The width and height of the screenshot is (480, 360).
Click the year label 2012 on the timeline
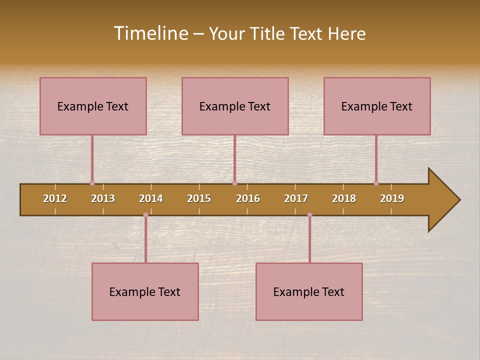coord(55,198)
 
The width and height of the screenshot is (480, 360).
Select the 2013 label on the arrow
coord(103,198)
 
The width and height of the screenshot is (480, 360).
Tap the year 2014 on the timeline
coord(151,198)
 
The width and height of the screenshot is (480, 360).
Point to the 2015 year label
coord(199,198)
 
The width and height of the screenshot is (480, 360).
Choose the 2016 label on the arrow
coord(248,198)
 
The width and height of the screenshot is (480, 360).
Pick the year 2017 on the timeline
coord(296,198)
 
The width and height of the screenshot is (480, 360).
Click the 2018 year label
coord(344,198)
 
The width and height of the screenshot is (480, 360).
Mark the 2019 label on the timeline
coord(392,198)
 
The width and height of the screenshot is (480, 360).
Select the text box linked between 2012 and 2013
coord(93,106)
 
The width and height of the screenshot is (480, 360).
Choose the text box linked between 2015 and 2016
coord(235,106)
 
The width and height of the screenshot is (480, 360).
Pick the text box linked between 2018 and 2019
coord(377,106)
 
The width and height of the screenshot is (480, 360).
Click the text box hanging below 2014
coord(145,291)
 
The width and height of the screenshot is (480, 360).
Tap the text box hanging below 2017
coord(309,291)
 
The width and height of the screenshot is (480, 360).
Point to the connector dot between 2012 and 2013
coord(92,183)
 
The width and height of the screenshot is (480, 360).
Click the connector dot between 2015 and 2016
coord(234,183)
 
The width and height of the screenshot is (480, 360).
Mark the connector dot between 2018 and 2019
coord(376,183)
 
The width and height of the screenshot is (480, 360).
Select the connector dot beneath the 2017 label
coord(309,215)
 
